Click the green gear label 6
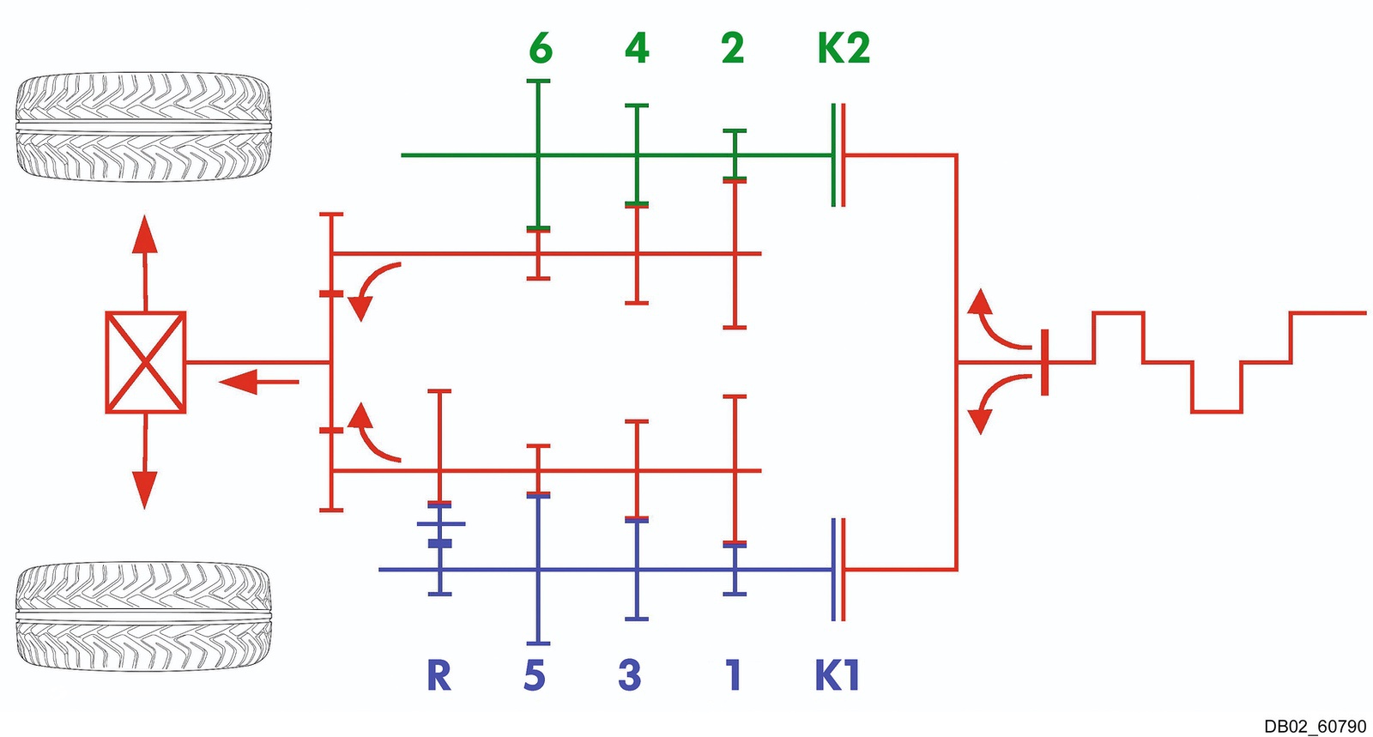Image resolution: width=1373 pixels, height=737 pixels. click(x=541, y=48)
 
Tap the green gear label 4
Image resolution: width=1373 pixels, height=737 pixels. click(x=637, y=48)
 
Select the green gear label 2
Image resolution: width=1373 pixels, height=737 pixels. click(x=733, y=48)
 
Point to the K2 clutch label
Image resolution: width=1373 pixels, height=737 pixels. click(x=844, y=48)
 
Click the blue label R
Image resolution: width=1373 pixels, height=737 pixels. click(x=439, y=675)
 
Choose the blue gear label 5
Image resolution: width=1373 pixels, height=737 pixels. click(x=535, y=675)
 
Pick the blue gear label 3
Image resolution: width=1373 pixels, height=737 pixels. click(x=630, y=675)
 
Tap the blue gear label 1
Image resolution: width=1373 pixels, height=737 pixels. click(x=733, y=675)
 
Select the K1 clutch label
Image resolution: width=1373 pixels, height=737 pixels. click(x=838, y=675)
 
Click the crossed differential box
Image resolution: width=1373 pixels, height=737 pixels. click(x=146, y=362)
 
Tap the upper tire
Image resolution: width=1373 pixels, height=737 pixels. click(x=142, y=127)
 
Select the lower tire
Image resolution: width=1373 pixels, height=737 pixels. click(x=142, y=617)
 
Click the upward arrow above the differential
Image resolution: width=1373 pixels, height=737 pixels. click(x=145, y=263)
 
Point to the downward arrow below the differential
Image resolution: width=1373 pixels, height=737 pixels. click(x=145, y=462)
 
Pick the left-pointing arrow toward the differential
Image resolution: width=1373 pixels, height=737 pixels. click(x=258, y=382)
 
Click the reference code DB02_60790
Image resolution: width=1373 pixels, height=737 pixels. click(x=1315, y=727)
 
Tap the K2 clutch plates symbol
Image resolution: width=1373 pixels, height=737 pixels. click(x=838, y=155)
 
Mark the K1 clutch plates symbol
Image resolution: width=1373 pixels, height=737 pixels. click(x=838, y=570)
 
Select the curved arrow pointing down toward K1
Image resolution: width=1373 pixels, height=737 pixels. click(x=996, y=402)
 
